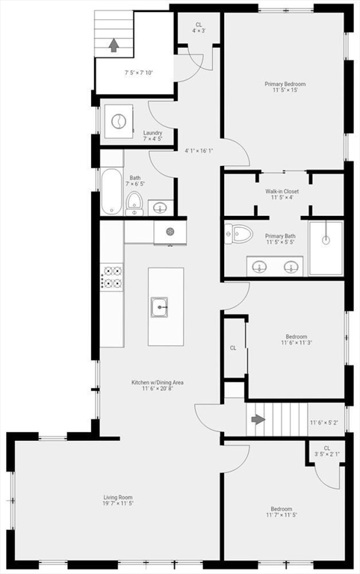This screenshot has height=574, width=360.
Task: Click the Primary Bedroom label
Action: [285, 84]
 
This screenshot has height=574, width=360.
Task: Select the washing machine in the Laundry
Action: [117, 120]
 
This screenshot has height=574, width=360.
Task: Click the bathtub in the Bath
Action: [111, 191]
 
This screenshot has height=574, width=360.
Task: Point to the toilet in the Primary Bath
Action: [239, 234]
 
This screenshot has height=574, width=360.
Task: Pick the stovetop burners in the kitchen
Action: [113, 277]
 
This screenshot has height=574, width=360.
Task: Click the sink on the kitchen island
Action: [159, 306]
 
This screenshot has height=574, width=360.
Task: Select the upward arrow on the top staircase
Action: [114, 45]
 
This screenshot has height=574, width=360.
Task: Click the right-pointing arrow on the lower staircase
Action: [258, 419]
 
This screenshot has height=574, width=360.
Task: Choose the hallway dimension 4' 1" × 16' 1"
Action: [199, 151]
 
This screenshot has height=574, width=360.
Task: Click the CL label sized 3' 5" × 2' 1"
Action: [326, 451]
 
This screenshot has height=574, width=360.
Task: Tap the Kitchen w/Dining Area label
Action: [158, 382]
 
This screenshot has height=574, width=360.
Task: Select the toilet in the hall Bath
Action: [134, 200]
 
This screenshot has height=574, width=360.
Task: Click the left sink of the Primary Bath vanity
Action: [259, 265]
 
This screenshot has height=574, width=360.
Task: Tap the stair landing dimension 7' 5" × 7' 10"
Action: [138, 72]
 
